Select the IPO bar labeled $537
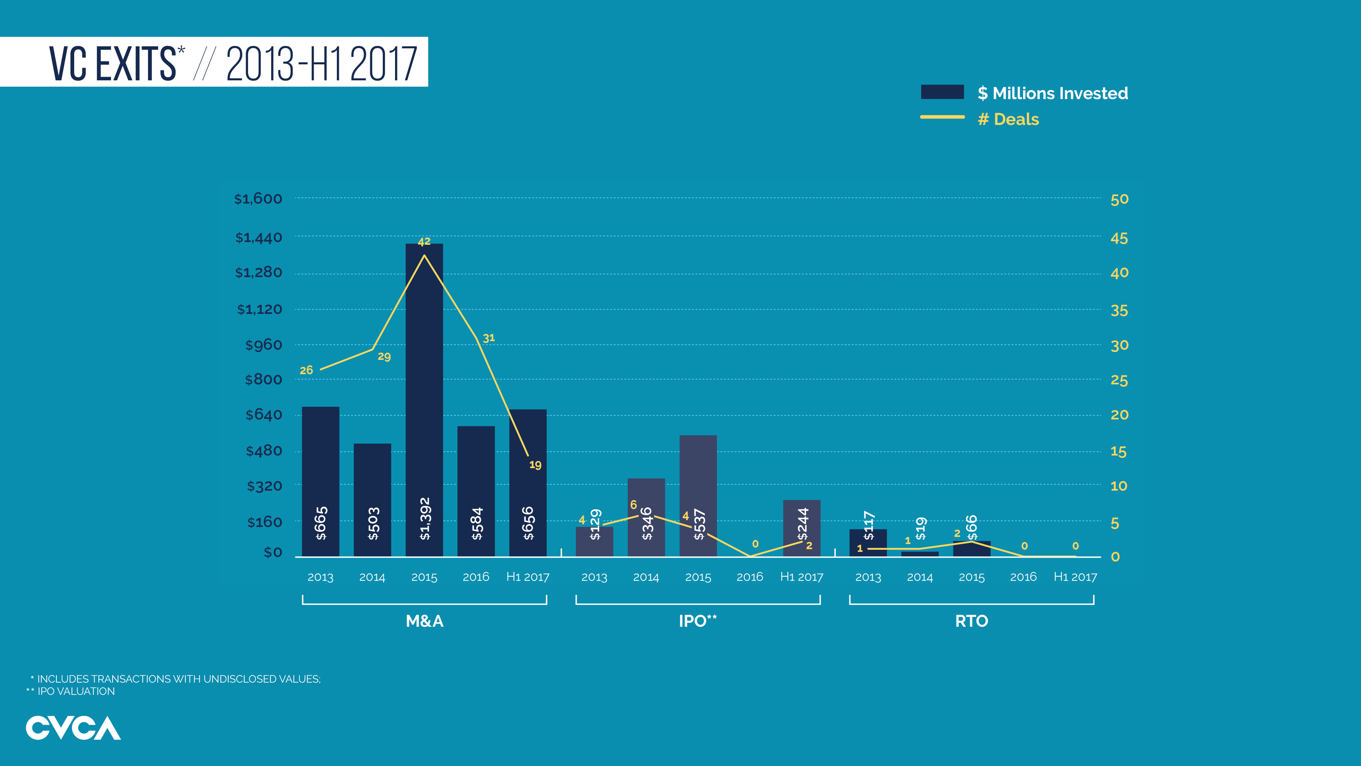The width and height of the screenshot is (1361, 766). (698, 476)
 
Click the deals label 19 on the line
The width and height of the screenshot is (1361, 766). (535, 465)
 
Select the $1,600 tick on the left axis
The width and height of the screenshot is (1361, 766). (258, 199)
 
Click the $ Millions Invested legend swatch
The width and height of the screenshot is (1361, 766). (942, 92)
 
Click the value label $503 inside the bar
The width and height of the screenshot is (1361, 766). (373, 523)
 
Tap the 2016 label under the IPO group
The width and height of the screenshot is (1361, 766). (749, 577)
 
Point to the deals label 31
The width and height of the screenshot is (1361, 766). (489, 338)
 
